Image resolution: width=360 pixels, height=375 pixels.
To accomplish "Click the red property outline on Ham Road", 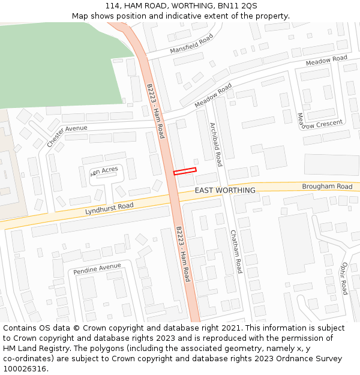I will click(x=185, y=171).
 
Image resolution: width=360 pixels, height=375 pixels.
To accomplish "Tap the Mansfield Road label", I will click(x=191, y=44).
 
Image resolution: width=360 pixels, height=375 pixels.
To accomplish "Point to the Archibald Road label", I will click(x=216, y=145).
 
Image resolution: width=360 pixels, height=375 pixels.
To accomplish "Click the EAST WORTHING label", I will click(x=225, y=190).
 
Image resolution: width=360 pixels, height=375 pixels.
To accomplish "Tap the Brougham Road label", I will click(x=327, y=187).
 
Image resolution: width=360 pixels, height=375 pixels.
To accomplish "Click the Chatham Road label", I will click(x=235, y=251).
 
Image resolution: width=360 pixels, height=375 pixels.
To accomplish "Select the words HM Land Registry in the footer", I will click(x=34, y=348).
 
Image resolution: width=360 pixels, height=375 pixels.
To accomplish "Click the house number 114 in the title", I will click(x=112, y=5).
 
